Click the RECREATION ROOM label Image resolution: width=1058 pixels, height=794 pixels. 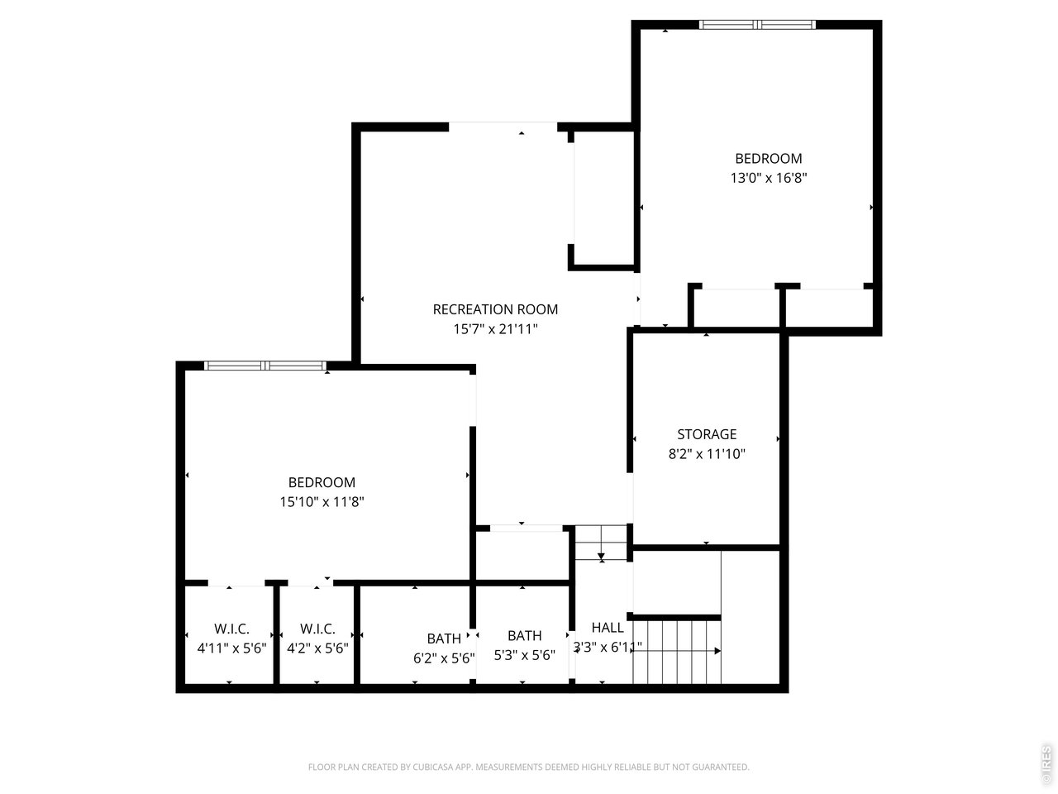(495, 309)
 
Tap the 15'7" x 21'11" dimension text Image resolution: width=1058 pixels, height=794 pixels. (495, 329)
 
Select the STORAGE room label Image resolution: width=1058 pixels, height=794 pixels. (707, 434)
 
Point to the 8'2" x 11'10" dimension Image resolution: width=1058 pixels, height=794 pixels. (707, 453)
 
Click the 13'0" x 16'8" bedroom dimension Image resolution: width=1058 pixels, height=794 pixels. (768, 178)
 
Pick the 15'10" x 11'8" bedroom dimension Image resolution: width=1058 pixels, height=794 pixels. (322, 501)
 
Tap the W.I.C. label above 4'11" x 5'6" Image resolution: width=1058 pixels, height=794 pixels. (231, 629)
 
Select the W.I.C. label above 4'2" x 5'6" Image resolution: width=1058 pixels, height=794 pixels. (317, 629)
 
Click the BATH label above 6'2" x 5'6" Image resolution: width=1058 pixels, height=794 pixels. (444, 639)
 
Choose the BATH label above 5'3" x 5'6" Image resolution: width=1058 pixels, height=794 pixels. (524, 635)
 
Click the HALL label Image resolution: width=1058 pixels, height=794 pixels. (608, 628)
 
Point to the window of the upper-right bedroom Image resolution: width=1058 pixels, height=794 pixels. (757, 25)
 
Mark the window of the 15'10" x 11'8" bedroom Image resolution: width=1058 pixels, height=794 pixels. (265, 366)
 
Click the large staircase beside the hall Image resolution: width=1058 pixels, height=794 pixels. (676, 651)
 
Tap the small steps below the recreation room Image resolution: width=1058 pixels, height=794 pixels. (601, 543)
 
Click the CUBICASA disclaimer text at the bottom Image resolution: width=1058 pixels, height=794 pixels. (528, 768)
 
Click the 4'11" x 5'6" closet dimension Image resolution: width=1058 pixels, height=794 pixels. (231, 648)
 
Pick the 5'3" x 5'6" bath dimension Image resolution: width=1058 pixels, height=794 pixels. (524, 654)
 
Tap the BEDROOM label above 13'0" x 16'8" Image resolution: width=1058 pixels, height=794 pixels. (768, 159)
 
